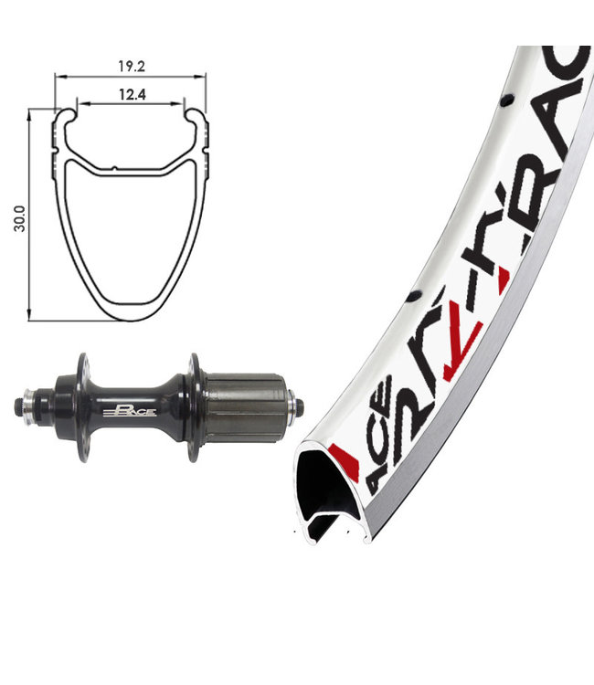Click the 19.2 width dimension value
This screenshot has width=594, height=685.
[129, 66]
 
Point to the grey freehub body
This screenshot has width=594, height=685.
[242, 406]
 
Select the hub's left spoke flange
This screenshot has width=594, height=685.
[83, 406]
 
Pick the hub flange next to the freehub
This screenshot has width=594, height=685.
[193, 406]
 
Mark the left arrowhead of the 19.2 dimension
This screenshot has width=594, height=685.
[57, 77]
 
